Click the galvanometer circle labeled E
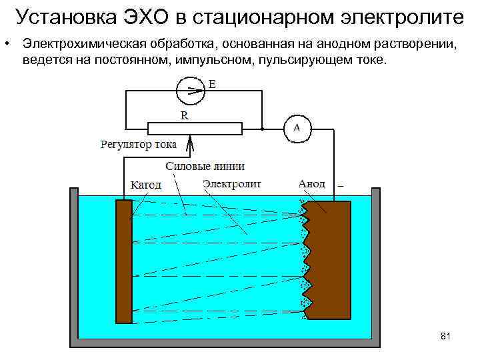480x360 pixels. [x=191, y=89]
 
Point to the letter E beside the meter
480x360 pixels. [x=212, y=85]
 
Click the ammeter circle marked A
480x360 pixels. [x=297, y=128]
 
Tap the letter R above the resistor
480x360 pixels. [x=185, y=115]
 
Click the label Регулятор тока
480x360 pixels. [x=139, y=144]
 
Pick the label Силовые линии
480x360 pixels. [x=204, y=166]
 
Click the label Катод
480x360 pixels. [x=145, y=185]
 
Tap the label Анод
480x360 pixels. [x=312, y=183]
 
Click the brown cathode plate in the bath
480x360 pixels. [x=124, y=261]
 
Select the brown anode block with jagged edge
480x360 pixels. [x=330, y=260]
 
